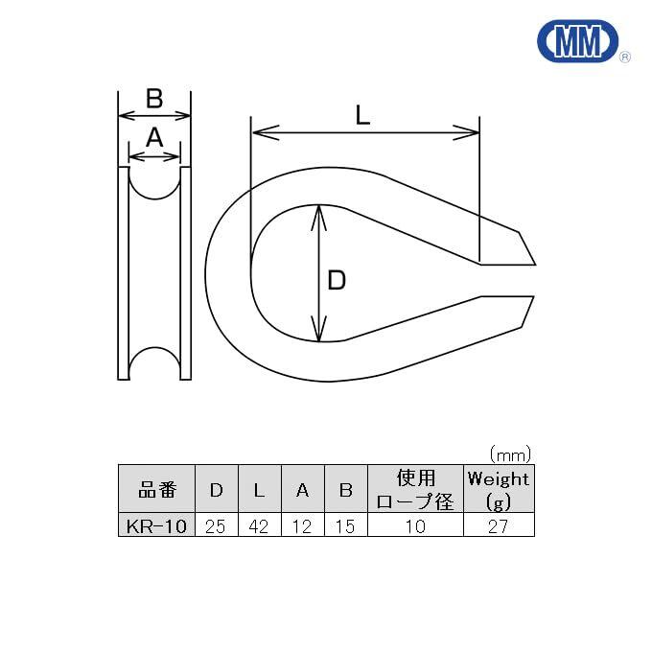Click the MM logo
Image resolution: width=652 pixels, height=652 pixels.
click(578, 40)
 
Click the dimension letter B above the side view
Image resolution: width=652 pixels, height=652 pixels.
click(154, 99)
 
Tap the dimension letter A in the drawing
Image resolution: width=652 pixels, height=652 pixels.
click(154, 137)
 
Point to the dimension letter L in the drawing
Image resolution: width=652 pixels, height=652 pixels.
click(362, 115)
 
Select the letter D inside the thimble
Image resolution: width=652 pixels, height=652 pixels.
click(337, 280)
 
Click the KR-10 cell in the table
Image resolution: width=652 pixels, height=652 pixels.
click(156, 524)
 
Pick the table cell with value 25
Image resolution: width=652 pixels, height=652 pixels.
click(217, 524)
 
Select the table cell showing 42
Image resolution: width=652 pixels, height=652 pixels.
click(260, 524)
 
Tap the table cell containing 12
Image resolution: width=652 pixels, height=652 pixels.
click(303, 524)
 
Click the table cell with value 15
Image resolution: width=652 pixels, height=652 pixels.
click(345, 524)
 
